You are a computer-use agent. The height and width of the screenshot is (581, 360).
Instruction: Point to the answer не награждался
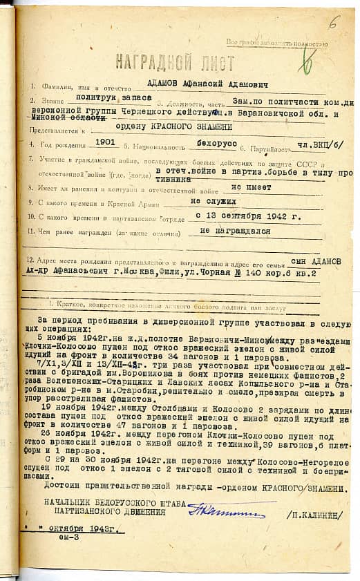click(x=234, y=231)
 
